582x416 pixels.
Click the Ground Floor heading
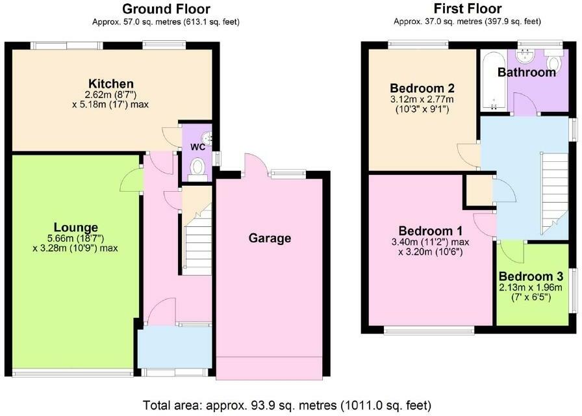166,9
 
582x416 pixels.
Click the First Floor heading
468,9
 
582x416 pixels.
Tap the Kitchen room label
111,84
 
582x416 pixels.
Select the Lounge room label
76,227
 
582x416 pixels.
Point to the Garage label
270,239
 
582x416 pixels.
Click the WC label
197,147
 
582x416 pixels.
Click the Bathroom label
526,73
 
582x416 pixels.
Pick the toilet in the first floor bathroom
553,63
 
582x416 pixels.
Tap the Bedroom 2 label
422,88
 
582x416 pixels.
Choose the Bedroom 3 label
531,275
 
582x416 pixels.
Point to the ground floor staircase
196,240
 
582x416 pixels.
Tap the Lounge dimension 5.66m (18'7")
76,238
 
